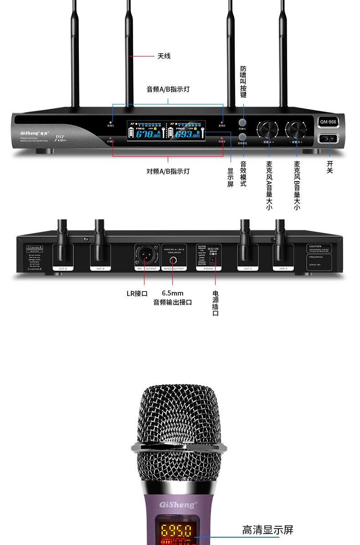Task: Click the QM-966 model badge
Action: [x=328, y=122]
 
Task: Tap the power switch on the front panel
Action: [x=329, y=139]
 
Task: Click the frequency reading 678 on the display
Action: [x=148, y=134]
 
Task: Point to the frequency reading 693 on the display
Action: [x=187, y=134]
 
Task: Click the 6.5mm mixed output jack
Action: [x=174, y=260]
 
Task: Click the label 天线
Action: [x=164, y=56]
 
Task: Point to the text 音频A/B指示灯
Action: [x=168, y=89]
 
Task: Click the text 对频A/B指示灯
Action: [x=168, y=171]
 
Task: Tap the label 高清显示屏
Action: [x=267, y=530]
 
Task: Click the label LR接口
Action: [x=137, y=294]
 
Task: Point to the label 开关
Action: [x=329, y=166]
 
